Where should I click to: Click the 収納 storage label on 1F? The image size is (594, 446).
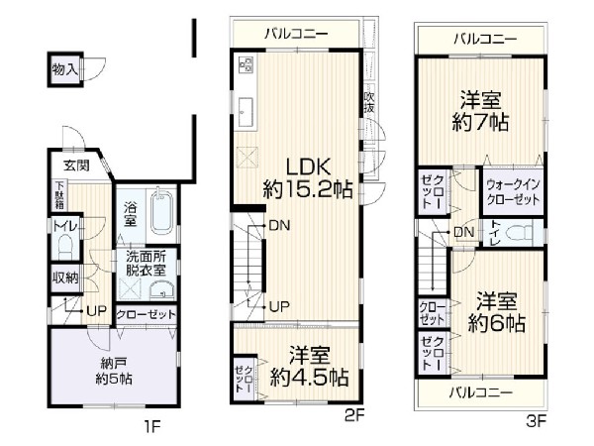pyautogui.click(x=65, y=278)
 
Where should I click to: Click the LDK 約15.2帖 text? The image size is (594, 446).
pyautogui.click(x=307, y=175)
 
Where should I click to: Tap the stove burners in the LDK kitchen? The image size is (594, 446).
pyautogui.click(x=246, y=65)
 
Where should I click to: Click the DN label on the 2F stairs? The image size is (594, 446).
pyautogui.click(x=279, y=226)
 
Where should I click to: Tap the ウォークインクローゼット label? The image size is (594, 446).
pyautogui.click(x=513, y=192)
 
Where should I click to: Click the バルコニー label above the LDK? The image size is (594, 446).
pyautogui.click(x=294, y=35)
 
